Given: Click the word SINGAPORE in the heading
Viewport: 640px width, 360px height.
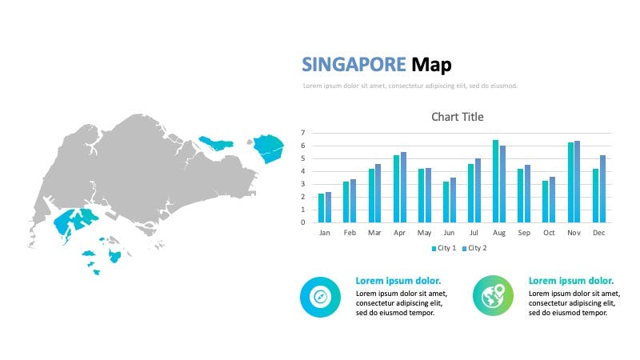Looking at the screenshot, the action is (x=354, y=65).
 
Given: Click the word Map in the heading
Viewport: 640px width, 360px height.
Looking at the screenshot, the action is (x=431, y=66).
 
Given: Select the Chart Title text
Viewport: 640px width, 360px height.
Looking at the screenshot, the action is (x=457, y=117).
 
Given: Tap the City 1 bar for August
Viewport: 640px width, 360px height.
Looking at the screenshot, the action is (x=495, y=182).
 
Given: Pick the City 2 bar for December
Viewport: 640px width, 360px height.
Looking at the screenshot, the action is (x=602, y=189).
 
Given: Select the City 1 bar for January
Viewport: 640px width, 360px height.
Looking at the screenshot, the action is (x=322, y=208).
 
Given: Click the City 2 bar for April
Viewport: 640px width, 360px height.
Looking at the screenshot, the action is (x=403, y=187).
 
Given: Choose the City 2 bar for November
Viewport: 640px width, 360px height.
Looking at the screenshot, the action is (x=577, y=182).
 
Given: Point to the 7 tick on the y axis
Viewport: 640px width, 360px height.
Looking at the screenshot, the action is (x=303, y=133).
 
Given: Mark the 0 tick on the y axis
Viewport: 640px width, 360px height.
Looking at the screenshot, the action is (x=303, y=222).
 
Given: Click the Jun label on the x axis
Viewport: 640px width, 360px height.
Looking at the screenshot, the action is (x=449, y=233).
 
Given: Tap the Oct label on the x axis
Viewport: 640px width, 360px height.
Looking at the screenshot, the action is (x=549, y=233).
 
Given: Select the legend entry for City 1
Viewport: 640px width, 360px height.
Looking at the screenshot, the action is (x=444, y=248).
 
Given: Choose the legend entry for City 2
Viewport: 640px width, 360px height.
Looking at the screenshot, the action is (x=474, y=248).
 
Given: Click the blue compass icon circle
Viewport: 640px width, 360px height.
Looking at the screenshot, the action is (x=321, y=297).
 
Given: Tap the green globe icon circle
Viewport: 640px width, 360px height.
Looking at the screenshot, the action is (x=493, y=295).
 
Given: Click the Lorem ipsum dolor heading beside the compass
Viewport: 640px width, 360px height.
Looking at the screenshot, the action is (x=398, y=281).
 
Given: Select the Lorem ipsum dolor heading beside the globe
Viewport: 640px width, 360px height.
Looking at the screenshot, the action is (x=571, y=281).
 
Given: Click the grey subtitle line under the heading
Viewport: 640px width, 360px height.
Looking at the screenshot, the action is (x=410, y=86).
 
